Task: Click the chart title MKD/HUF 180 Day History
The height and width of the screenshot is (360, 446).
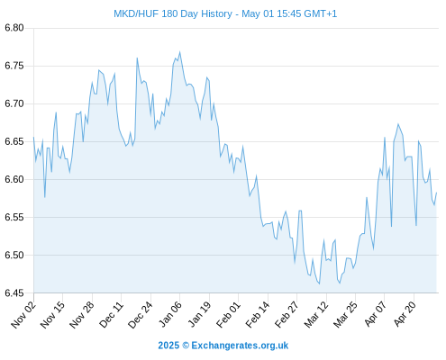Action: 173,13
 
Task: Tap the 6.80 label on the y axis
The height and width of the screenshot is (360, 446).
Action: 14,28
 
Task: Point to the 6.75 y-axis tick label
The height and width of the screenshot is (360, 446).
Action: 14,66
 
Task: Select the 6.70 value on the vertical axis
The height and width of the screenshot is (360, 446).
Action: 14,103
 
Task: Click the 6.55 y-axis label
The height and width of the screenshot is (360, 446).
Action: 14,217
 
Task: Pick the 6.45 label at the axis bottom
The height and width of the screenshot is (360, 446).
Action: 14,292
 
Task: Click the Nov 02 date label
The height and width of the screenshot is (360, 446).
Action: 23,315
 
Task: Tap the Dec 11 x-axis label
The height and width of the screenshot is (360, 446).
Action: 111,315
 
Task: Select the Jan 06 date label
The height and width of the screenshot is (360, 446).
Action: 169,315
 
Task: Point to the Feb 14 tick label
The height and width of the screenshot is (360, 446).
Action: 258,315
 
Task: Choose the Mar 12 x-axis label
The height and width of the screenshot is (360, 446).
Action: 316,315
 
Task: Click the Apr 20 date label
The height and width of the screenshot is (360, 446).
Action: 405,315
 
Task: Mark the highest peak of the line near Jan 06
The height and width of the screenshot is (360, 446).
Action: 179,52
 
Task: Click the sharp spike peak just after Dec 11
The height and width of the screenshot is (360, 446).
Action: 137,58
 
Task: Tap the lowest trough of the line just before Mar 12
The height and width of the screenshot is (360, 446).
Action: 319,283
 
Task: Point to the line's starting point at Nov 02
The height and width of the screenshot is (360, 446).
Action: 33,137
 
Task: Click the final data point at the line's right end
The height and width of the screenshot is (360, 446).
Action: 436,193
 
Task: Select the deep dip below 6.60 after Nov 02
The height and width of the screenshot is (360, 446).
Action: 44,197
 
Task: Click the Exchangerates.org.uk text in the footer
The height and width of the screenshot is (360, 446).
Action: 240,346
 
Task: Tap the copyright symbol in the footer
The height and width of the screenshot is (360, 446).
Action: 186,346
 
